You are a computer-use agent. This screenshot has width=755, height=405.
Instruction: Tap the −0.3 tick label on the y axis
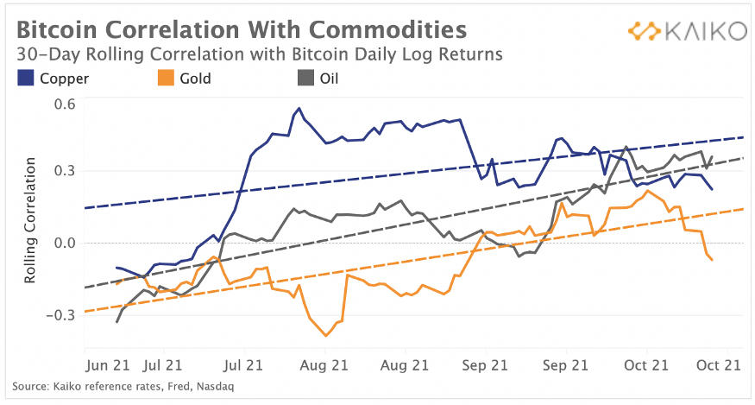click(x=62, y=314)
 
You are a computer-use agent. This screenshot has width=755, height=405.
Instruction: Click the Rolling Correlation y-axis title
click(x=32, y=219)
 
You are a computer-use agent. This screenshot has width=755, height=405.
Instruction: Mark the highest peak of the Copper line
click(x=299, y=109)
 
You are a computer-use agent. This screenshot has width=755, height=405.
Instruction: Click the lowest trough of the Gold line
click(x=326, y=335)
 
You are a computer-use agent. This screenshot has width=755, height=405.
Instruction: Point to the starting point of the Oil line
click(x=116, y=322)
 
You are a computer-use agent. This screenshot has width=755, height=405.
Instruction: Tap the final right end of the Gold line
click(x=712, y=260)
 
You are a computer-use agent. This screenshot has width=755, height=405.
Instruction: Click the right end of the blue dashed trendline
click(x=744, y=137)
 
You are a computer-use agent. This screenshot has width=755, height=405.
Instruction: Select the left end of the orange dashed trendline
click(x=85, y=312)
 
